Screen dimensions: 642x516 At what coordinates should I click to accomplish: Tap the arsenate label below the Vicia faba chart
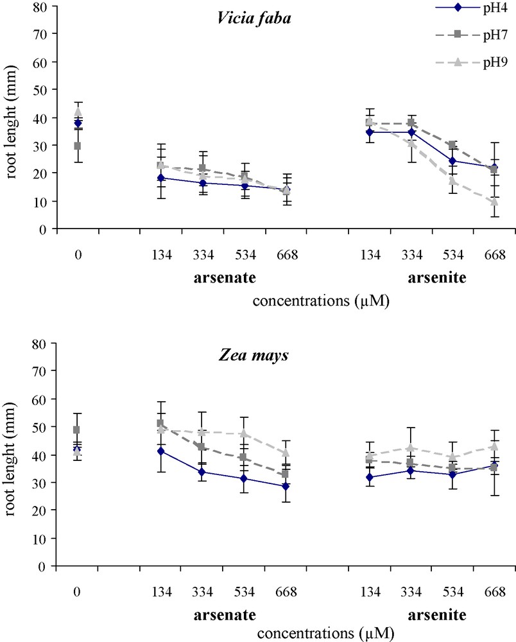click(224, 278)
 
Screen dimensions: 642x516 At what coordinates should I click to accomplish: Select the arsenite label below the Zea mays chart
click(440, 616)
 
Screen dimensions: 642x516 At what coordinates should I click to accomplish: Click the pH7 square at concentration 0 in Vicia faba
click(78, 146)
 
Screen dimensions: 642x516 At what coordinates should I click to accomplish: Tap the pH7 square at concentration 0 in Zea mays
click(78, 429)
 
